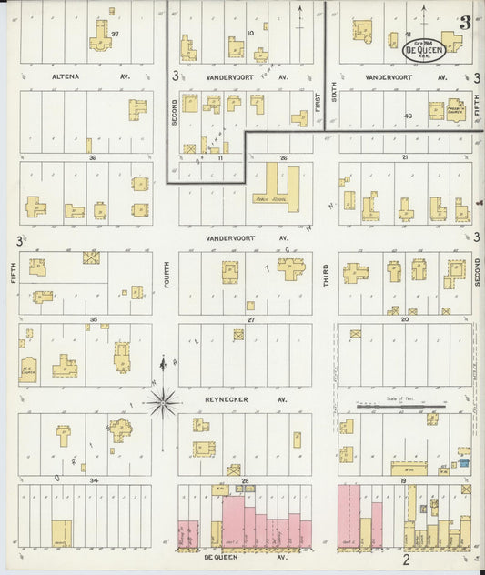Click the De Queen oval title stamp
[424, 49]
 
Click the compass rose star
[163, 400]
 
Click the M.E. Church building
[28, 368]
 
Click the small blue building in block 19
[464, 462]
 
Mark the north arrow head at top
[299, 8]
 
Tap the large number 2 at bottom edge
[407, 560]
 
